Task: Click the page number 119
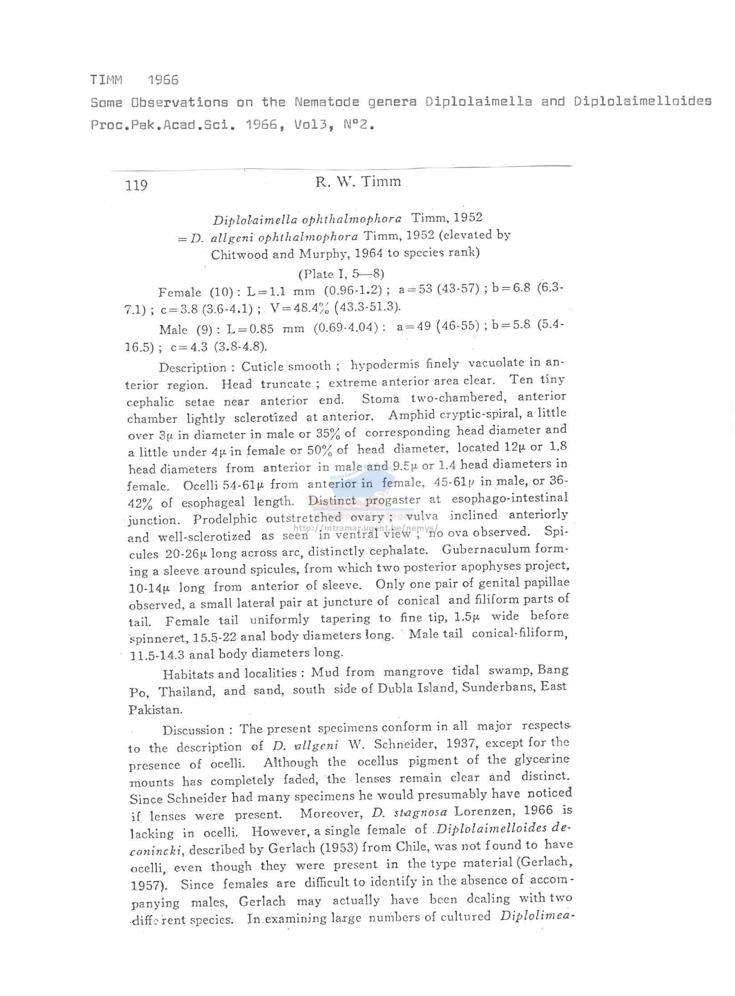[x=136, y=185]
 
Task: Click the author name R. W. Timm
[x=358, y=182]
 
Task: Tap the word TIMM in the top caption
[x=106, y=80]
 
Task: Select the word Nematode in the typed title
[x=327, y=102]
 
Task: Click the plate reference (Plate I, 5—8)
[x=341, y=274]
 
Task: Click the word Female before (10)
[x=179, y=292]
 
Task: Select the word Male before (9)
[x=173, y=330]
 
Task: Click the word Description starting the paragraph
[x=192, y=368]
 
